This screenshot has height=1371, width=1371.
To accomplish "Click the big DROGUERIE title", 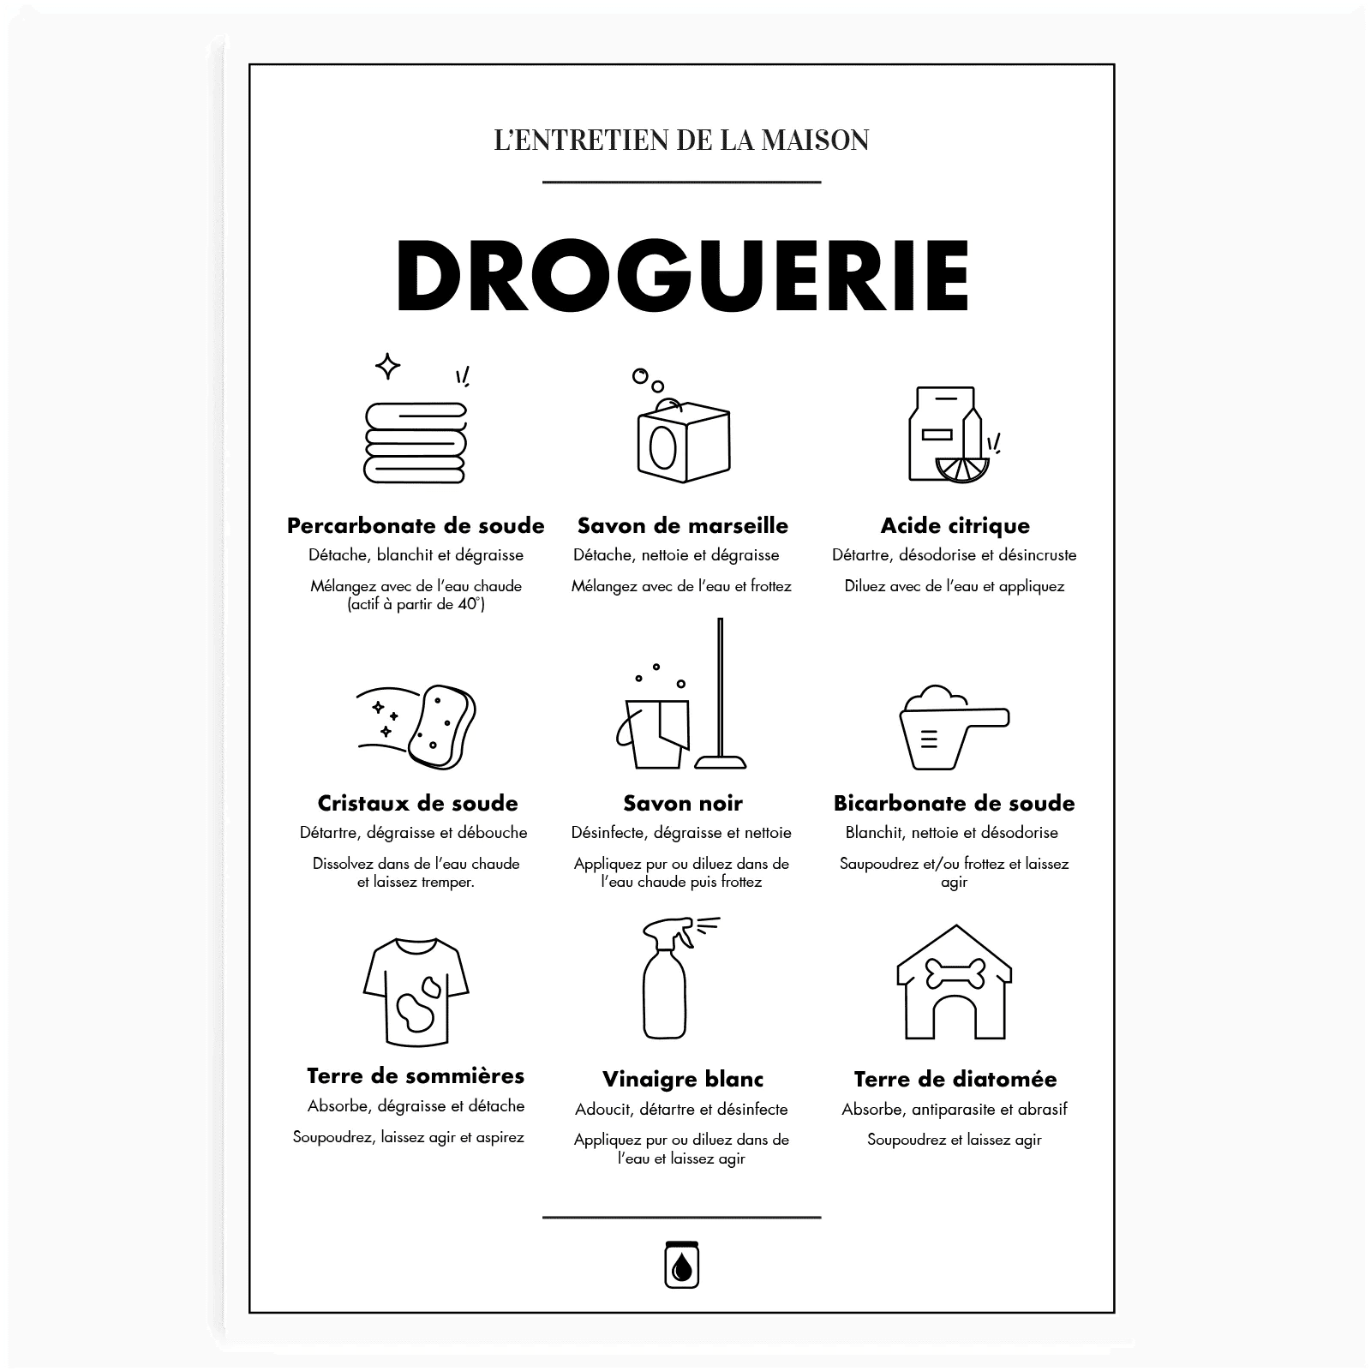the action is point(682,275).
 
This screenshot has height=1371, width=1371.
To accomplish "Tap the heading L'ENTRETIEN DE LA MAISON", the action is point(682,140).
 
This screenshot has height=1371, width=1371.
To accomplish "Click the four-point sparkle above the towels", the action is point(387,366).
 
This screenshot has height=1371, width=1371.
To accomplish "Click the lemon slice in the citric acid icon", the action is point(962,469).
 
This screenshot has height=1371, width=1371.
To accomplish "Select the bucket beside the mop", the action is point(653,733).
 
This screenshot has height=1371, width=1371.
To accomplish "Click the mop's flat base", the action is point(720,761).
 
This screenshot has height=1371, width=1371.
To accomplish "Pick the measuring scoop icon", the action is point(954,727).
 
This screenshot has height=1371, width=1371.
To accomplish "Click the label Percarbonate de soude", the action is point(416,525).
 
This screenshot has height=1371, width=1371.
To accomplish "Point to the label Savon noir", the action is point(683,803).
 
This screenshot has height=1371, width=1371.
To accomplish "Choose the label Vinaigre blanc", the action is point(682,1079).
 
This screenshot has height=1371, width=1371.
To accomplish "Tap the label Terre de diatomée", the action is point(955,1079).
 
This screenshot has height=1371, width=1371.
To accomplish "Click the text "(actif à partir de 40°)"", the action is point(416,605).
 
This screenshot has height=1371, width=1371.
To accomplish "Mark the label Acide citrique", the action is point(955,525).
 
